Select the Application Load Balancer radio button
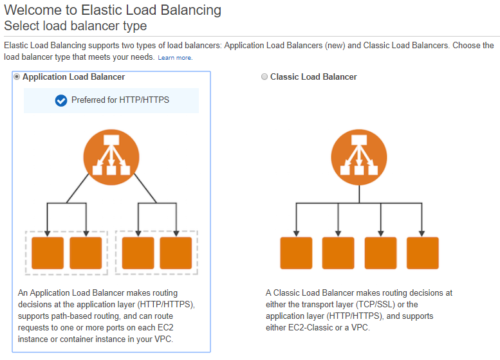point(17,77)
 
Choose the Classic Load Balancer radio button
point(264,77)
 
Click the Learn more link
point(175,58)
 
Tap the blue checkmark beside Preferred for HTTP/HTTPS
point(61,100)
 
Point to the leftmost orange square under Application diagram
point(48,253)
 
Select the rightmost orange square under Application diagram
point(176,253)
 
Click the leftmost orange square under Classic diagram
point(296,253)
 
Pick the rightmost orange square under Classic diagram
point(423,253)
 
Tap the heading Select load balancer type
point(75,26)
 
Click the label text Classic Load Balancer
point(313,77)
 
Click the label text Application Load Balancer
point(73,77)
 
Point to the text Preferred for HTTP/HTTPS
point(120,100)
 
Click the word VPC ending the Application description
point(162,339)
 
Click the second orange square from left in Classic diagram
point(338,253)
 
